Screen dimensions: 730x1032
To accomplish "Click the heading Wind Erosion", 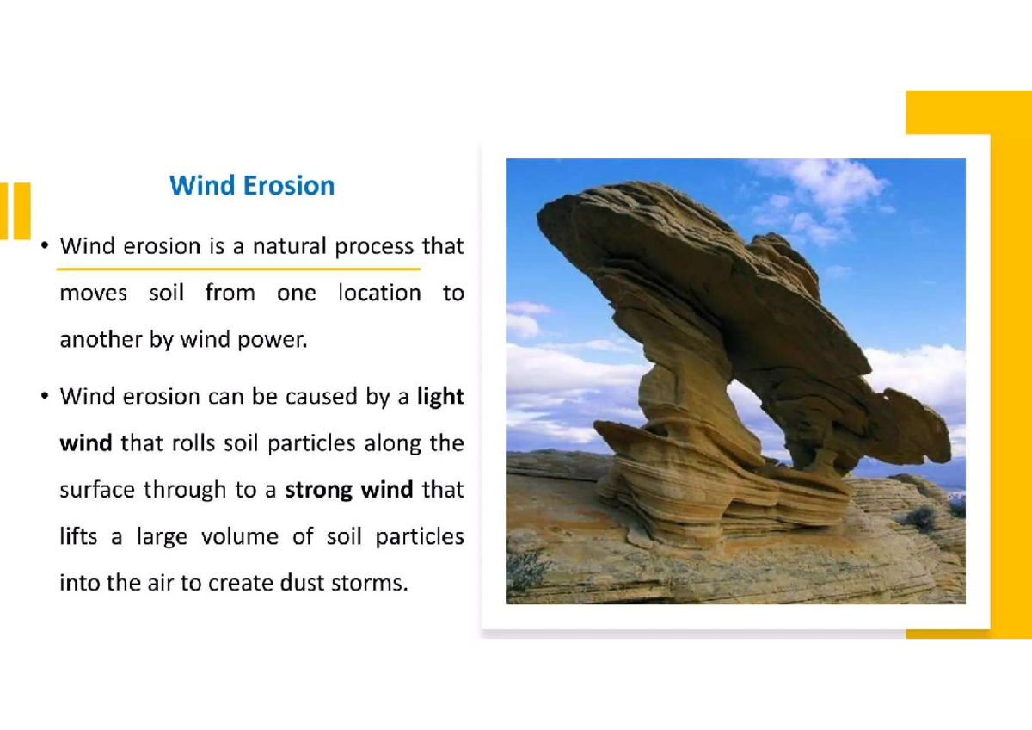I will [x=252, y=186].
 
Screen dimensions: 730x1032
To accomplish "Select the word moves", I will [x=93, y=294].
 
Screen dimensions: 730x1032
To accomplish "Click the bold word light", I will [x=439, y=397].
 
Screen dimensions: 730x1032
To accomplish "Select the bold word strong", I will [x=319, y=491].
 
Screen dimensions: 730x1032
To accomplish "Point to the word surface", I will [x=97, y=490].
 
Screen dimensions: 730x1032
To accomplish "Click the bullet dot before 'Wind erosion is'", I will [x=43, y=248].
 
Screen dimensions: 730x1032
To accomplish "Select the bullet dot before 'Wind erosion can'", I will [x=43, y=398].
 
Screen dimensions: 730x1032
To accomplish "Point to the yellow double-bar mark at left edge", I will [x=15, y=211].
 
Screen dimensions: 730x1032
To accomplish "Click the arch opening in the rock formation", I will [x=748, y=413].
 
